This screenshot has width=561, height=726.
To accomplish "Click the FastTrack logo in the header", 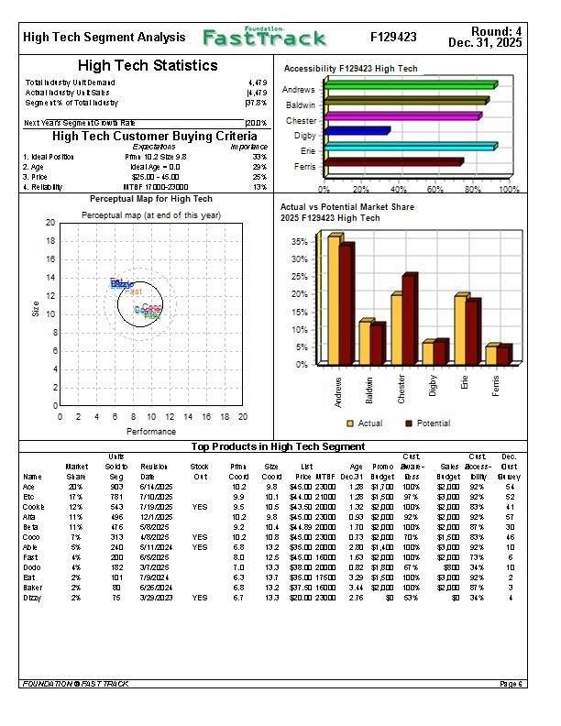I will [264, 38].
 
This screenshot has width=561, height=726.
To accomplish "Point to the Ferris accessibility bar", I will [394, 162].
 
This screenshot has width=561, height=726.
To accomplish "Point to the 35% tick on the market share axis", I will [299, 242].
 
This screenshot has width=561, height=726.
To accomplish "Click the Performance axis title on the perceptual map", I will [151, 431].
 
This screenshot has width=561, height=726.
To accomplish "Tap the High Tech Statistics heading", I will [148, 66].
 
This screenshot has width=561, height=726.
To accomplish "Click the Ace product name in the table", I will [31, 487].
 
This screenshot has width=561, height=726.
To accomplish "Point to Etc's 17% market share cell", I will [77, 497].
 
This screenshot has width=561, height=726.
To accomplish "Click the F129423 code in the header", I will [393, 38].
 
